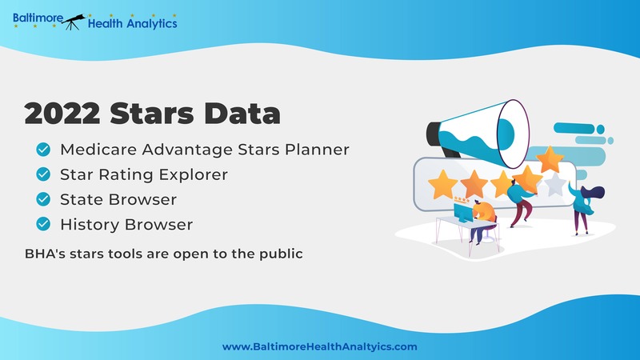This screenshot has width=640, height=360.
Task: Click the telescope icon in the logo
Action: click(74, 22)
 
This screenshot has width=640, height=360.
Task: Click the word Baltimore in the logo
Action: click(38, 18)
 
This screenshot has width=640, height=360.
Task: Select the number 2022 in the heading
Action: click(62, 113)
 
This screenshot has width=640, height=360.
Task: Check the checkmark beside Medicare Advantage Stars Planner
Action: click(43, 150)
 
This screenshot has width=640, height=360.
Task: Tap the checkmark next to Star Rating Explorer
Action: click(43, 174)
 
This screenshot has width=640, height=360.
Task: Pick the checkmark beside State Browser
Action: click(43, 199)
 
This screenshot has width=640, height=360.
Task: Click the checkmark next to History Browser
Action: click(43, 224)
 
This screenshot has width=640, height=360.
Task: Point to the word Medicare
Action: click(98, 150)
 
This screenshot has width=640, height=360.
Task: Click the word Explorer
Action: click(193, 174)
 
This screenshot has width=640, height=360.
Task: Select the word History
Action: click(90, 225)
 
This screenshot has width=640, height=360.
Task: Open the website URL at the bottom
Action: click(319, 347)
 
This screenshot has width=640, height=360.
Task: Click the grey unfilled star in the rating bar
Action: click(555, 184)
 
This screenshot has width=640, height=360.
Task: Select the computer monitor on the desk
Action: click(464, 213)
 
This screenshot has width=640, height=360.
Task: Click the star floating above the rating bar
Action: click(550, 159)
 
